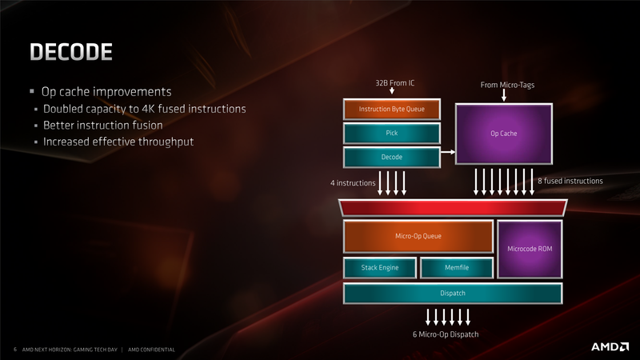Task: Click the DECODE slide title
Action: tap(71, 52)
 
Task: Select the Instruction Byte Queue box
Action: tap(392, 109)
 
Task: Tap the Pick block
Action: tap(392, 133)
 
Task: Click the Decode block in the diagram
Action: tap(392, 157)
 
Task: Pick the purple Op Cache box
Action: tap(504, 134)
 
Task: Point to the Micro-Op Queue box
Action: tap(418, 236)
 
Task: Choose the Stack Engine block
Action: tap(380, 268)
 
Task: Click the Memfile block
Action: tap(457, 268)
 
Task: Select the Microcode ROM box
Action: tap(530, 249)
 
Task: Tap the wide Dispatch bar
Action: tap(453, 293)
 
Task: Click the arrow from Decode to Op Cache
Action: tap(448, 152)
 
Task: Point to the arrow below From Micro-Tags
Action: tap(504, 95)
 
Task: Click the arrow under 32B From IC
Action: tap(392, 90)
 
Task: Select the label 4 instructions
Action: tap(353, 183)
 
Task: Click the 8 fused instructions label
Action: tap(570, 181)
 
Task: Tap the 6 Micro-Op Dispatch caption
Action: tap(446, 334)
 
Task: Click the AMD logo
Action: tap(610, 347)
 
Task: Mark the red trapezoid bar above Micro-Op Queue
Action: tap(453, 208)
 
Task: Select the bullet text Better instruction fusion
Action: tap(103, 126)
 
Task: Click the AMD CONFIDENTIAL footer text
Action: tap(151, 350)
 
